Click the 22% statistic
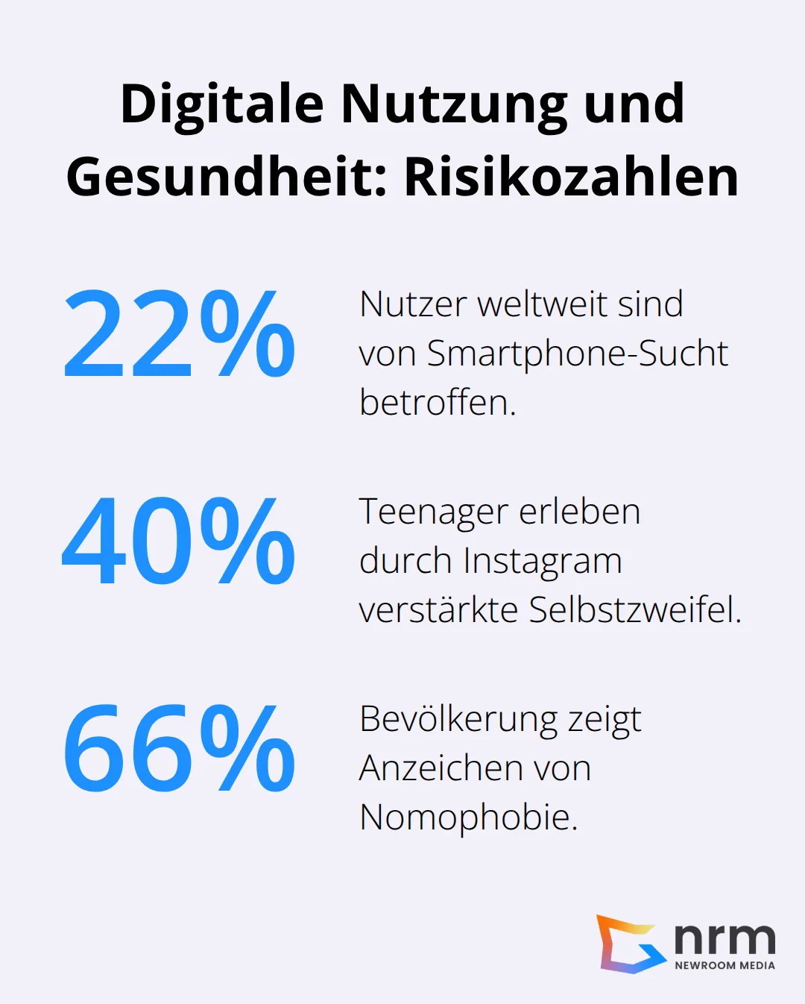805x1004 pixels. tap(179, 334)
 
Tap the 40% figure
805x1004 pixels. tap(179, 542)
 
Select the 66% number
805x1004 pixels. tap(179, 749)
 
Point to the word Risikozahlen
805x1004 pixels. tap(571, 178)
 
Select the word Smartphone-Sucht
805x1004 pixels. tap(576, 354)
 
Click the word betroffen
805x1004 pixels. tap(437, 403)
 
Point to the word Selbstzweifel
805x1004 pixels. tap(634, 610)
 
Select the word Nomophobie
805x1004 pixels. tap(468, 818)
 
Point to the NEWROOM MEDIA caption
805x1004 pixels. tap(724, 965)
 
